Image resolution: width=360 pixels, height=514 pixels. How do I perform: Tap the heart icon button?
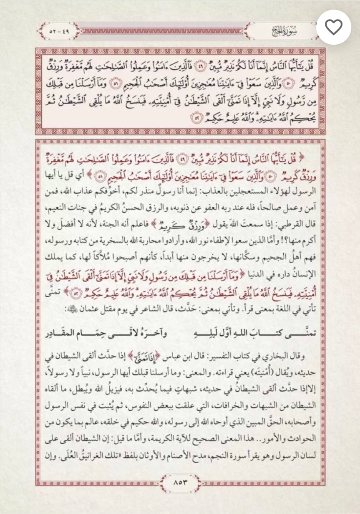coord(334,28)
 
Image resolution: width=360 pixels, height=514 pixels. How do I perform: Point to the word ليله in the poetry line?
coord(181,334)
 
